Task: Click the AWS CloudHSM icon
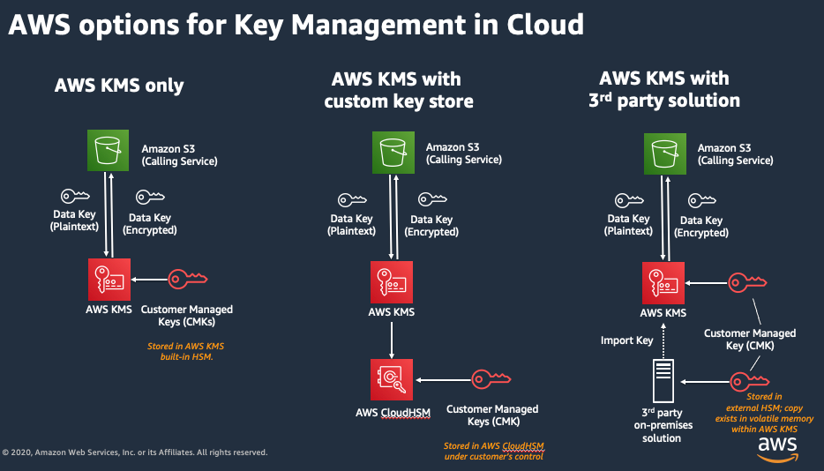coord(392,379)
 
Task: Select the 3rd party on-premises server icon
coord(663,381)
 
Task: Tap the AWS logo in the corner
coord(777,450)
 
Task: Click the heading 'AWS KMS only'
coord(119,86)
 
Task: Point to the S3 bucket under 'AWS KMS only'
coord(108,150)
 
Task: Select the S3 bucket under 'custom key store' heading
coord(393,153)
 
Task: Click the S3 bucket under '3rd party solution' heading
coord(665,153)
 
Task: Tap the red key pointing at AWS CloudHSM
coord(491,379)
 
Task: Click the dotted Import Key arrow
coord(663,340)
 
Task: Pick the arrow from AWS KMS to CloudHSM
coord(392,340)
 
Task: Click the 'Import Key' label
coord(626,340)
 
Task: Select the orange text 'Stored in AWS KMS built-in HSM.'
coord(186,351)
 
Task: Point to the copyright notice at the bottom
coord(135,452)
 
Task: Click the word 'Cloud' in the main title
coord(545,24)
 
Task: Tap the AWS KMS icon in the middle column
coord(392,282)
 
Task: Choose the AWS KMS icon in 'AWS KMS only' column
coord(109,280)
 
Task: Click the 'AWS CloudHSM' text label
coord(393,413)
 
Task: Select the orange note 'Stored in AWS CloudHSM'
coord(494,445)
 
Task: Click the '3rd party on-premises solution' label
coord(663,425)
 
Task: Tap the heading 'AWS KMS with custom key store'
coord(399,90)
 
